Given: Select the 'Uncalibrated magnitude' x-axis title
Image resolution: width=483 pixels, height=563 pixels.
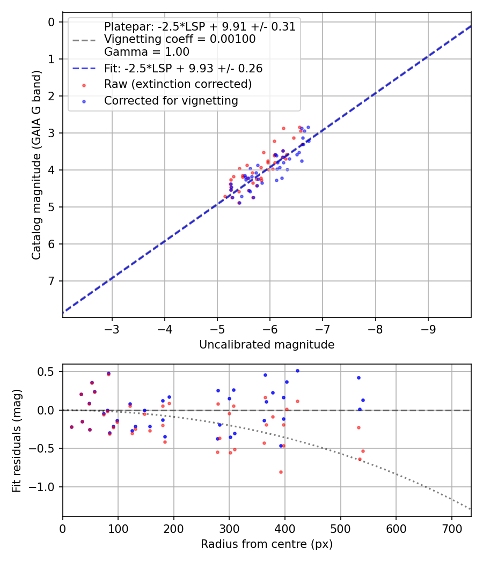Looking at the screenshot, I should pos(267,345).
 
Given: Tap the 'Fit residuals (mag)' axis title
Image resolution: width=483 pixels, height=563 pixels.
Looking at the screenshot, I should pos(17,441).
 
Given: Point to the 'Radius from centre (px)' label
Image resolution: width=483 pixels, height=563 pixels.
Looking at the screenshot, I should pos(267,544).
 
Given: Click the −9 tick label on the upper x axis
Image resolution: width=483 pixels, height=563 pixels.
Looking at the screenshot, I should pos(428,328).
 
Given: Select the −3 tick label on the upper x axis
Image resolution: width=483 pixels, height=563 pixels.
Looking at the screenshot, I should pos(112,328).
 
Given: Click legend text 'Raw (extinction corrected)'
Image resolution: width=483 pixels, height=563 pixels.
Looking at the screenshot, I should pos(178,85).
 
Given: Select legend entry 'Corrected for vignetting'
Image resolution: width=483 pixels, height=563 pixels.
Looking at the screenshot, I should pos(171,101).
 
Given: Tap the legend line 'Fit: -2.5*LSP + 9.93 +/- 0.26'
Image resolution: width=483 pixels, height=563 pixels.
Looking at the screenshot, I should pos(183,69).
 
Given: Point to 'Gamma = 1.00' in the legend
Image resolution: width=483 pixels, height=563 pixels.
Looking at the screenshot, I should pos(147,52).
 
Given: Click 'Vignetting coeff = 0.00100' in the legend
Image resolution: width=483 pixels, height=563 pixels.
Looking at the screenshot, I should pos(180,39).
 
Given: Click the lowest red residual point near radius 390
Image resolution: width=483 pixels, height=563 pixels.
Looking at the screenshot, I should pos(281,472).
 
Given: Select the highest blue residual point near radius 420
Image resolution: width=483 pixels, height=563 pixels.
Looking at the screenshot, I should pos(297,371).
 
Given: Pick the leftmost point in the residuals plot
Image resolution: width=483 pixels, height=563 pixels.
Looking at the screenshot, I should pos(71,427).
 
